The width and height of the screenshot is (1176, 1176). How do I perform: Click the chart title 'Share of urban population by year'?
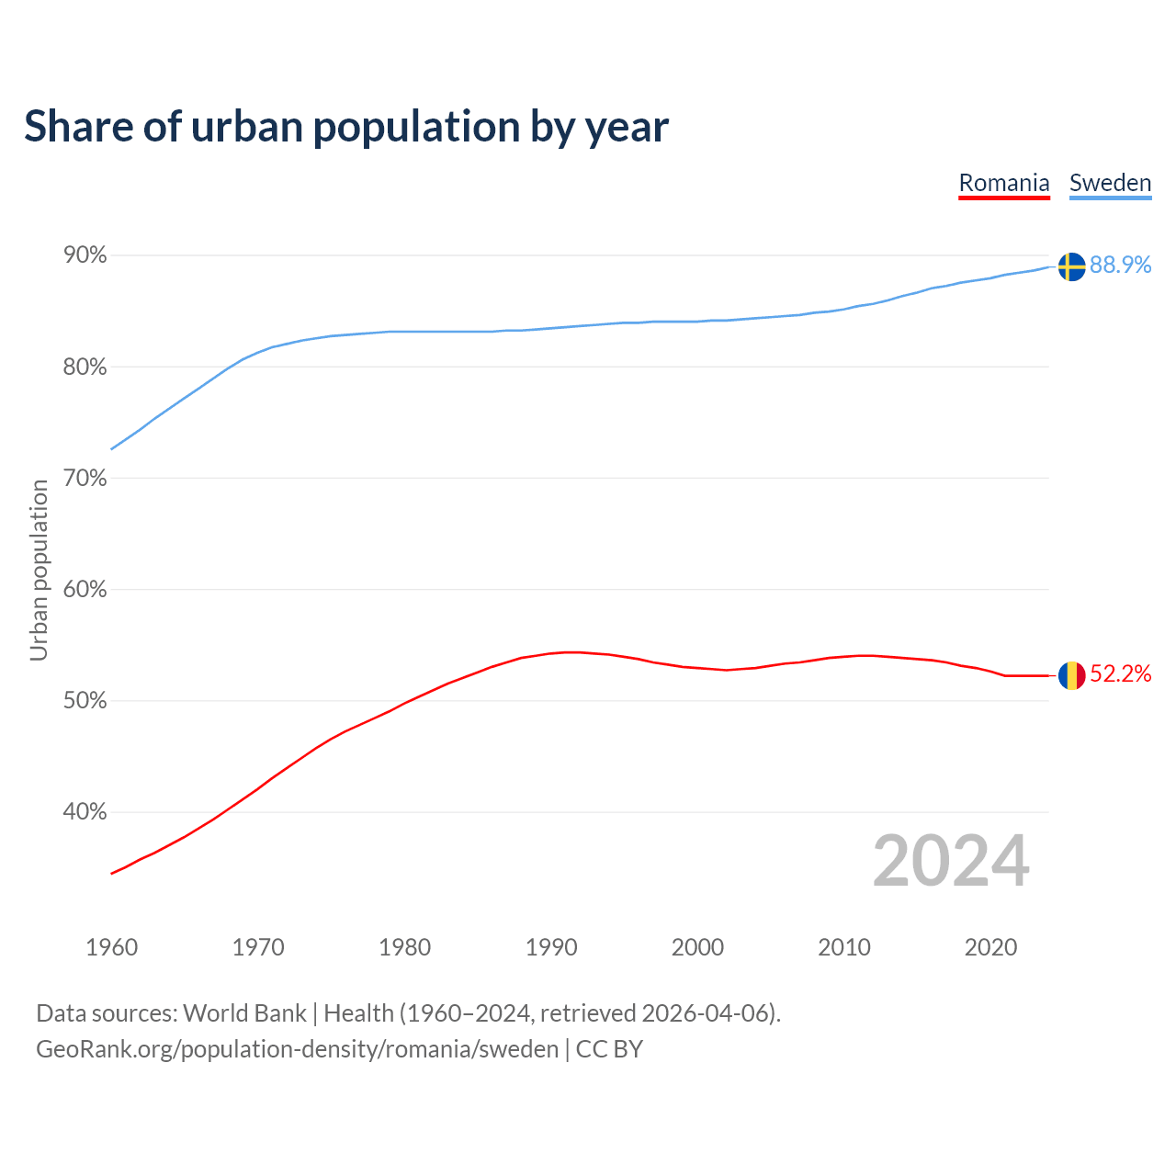(x=346, y=127)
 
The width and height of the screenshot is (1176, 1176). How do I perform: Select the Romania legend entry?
(x=1004, y=183)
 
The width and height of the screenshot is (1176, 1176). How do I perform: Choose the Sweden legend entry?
(x=1110, y=183)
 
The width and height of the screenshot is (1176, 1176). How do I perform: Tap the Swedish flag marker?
(x=1071, y=266)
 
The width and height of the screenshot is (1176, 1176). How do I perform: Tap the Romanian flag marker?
(x=1071, y=675)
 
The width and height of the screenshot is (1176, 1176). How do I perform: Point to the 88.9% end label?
(x=1120, y=265)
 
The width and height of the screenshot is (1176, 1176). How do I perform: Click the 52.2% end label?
(x=1120, y=674)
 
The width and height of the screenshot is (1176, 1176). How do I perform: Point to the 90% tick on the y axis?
(x=85, y=255)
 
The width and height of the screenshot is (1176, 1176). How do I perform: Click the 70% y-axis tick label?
(x=85, y=479)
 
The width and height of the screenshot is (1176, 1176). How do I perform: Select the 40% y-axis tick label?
(x=85, y=812)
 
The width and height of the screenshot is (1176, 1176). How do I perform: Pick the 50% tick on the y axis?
(x=85, y=701)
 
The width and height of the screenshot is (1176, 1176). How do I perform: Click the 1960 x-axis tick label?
(x=112, y=947)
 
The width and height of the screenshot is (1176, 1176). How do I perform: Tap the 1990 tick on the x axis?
(x=551, y=947)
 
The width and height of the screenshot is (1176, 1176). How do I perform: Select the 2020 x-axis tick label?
(x=990, y=947)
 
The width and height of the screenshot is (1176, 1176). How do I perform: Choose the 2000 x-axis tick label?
(x=697, y=947)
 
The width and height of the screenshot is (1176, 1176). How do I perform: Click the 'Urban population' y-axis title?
(x=39, y=571)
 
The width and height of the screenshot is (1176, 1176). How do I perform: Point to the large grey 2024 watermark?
(x=951, y=861)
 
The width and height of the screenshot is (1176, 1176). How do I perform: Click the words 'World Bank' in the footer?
(x=244, y=1013)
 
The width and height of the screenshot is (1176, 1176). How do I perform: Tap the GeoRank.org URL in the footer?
(x=297, y=1049)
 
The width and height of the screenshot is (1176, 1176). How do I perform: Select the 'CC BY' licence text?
(x=609, y=1049)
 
